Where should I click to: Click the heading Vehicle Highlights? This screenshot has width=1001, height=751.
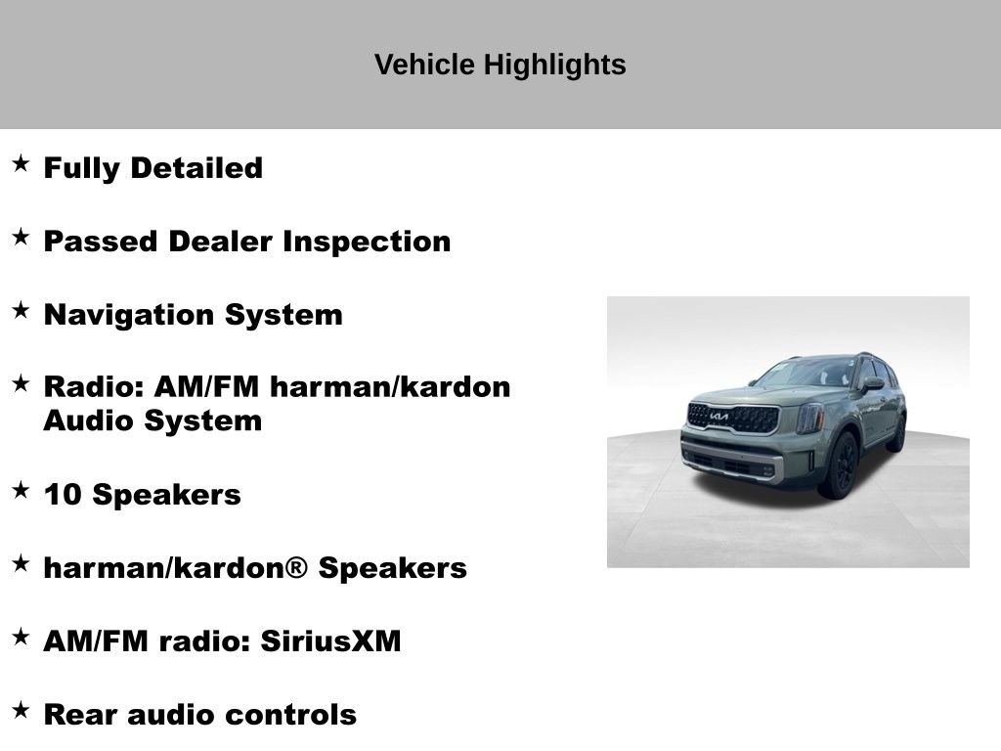[x=500, y=65]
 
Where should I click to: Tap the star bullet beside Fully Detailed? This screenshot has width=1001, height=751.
[x=21, y=163]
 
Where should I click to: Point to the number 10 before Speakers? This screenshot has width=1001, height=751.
[x=63, y=495]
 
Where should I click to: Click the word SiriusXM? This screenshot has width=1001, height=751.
[x=330, y=641]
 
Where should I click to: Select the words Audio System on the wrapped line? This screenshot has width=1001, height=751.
[x=152, y=421]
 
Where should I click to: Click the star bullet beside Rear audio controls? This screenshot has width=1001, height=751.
[x=21, y=710]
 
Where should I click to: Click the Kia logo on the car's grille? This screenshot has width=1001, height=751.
[x=718, y=417]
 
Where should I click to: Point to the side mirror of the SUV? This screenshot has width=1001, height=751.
[x=871, y=383]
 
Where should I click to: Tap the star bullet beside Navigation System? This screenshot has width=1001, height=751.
[x=21, y=310]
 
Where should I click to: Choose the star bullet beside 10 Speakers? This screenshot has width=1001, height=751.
[x=21, y=490]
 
